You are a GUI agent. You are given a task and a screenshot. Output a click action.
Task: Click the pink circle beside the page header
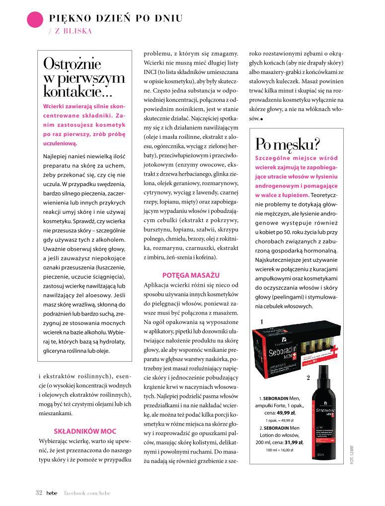coord(34,20)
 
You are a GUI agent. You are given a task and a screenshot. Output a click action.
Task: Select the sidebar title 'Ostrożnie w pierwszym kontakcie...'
coord(84,78)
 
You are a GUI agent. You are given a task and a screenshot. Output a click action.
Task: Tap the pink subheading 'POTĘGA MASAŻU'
coord(191,275)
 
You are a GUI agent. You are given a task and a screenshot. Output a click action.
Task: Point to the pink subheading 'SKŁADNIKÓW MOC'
coord(85,431)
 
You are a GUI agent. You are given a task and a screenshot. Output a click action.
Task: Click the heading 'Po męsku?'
coord(288,144)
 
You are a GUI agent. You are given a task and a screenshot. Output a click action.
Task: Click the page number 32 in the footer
coord(39,493)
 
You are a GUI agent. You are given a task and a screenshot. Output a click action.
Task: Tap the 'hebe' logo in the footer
coord(52,493)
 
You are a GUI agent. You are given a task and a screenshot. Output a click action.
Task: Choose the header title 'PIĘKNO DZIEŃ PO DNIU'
coord(116,18)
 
